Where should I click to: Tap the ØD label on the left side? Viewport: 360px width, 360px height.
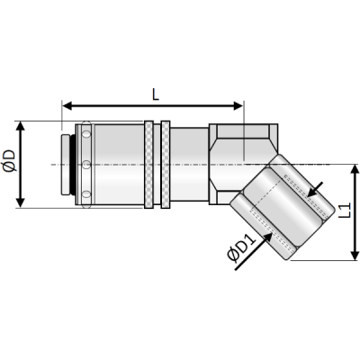point(10,165)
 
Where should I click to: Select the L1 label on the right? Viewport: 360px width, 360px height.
point(343,211)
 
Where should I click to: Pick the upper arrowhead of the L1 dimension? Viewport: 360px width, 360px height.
point(355,168)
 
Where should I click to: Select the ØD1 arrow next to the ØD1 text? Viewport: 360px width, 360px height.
point(262,237)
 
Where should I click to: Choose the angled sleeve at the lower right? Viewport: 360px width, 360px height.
point(270,207)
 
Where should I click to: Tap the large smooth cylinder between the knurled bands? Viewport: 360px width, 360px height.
point(117,165)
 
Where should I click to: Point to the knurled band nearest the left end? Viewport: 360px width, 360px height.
point(85,165)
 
